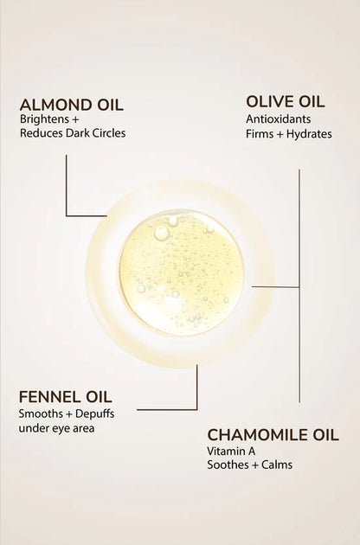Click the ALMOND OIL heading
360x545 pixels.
pyautogui.click(x=72, y=105)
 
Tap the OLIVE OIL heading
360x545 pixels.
pyautogui.click(x=286, y=102)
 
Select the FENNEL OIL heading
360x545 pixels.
pyautogui.click(x=66, y=397)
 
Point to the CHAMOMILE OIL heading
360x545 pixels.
pyautogui.click(x=273, y=435)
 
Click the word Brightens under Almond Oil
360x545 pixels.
pyautogui.click(x=44, y=119)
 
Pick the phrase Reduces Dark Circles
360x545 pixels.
pyautogui.click(x=73, y=133)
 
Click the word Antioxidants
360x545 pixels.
pyautogui.click(x=279, y=119)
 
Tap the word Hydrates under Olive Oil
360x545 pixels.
pyautogui.click(x=309, y=134)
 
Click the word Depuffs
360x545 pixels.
pyautogui.click(x=94, y=414)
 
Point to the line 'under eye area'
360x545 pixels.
pyautogui.click(x=56, y=428)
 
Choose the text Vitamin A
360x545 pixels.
pyautogui.click(x=231, y=452)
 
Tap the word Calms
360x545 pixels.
pyautogui.click(x=277, y=465)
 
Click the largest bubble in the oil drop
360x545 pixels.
pyautogui.click(x=161, y=233)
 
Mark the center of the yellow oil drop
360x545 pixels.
pyautogui.click(x=181, y=272)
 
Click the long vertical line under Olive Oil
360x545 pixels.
pyautogui.click(x=299, y=286)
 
